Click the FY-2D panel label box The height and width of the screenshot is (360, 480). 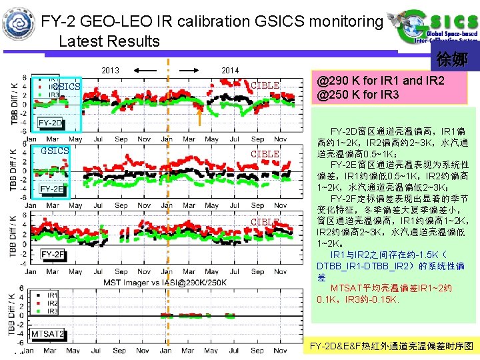point(50,123)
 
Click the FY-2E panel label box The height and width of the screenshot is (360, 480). point(52,189)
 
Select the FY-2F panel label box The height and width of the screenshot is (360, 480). point(53,255)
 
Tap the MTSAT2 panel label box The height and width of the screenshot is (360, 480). point(48,334)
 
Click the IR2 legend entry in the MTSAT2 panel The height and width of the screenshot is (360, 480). point(51,303)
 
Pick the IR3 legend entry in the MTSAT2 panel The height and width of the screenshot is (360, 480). point(51,311)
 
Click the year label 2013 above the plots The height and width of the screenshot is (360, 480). point(110,71)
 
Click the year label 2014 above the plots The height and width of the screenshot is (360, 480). point(230,71)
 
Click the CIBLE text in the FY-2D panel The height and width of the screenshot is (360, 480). point(265,86)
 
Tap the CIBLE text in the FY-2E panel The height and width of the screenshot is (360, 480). point(265,154)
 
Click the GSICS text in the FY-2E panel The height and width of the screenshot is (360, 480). point(55,151)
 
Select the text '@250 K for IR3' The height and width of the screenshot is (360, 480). point(358,95)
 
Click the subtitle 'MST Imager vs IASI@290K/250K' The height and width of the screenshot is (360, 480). point(167,283)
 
